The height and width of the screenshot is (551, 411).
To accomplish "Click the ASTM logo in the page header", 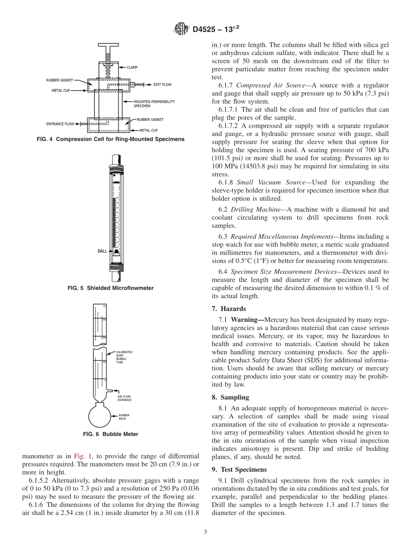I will pyautogui.click(x=180, y=29).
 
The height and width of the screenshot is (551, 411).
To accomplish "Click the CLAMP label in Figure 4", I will pyautogui.click(x=132, y=67).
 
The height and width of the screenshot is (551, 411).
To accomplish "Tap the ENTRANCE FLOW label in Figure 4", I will pyautogui.click(x=60, y=124).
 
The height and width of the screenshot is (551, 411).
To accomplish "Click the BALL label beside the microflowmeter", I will pyautogui.click(x=102, y=251).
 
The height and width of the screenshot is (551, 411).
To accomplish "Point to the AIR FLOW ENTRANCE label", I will pyautogui.click(x=125, y=398).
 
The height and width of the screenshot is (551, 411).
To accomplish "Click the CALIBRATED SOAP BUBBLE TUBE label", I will pyautogui.click(x=124, y=357).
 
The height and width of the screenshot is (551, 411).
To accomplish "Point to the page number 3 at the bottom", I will pyautogui.click(x=205, y=532).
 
